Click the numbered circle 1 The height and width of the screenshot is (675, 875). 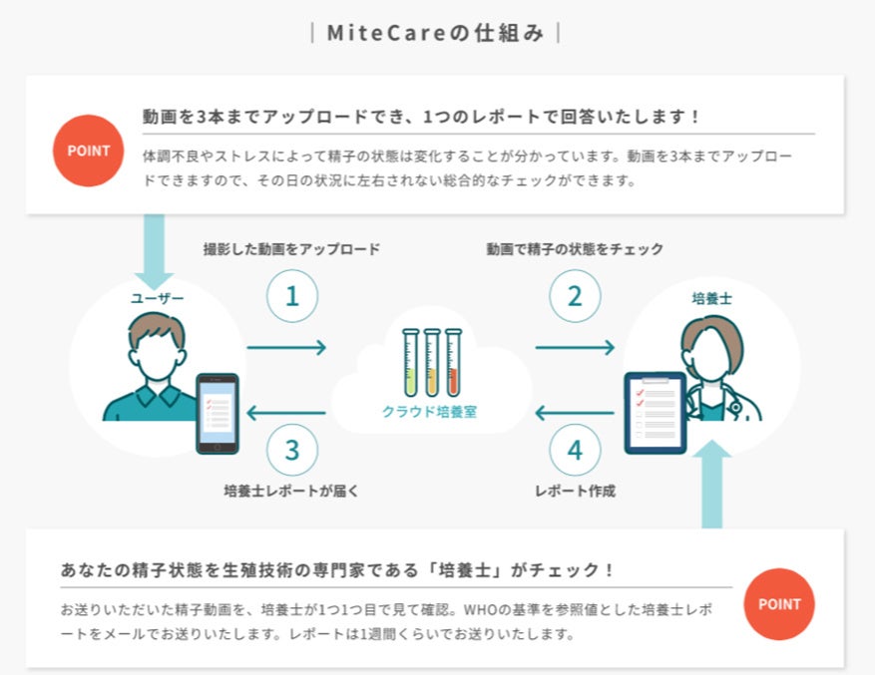[292, 296]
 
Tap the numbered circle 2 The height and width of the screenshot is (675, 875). [574, 296]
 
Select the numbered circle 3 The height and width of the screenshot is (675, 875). [292, 450]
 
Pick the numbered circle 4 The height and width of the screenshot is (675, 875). [575, 450]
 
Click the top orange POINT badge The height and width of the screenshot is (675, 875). [89, 152]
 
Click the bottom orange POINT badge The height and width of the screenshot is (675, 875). [779, 604]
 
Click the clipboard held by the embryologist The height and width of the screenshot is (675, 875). [655, 412]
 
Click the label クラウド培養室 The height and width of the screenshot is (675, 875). [430, 411]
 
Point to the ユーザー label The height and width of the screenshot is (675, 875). [158, 297]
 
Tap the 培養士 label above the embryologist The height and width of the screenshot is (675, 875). [711, 297]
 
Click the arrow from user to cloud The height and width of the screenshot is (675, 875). [286, 347]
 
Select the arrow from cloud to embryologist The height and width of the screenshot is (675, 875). [575, 347]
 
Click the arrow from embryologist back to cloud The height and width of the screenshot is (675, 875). [575, 412]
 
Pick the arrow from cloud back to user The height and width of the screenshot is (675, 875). [286, 412]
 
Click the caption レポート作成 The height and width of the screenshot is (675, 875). [576, 491]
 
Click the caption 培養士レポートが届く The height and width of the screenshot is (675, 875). [291, 491]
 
